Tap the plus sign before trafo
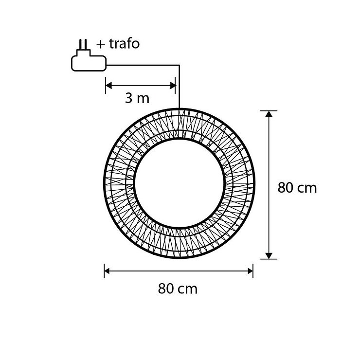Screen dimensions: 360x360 tap(100, 44)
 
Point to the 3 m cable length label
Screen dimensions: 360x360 tap(137, 98)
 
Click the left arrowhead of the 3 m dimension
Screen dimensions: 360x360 tap(108, 86)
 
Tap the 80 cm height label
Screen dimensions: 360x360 tap(297, 188)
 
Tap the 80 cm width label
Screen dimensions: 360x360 tap(178, 288)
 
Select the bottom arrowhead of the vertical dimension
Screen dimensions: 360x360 tap(269, 255)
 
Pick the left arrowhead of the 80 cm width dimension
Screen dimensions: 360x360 tap(108, 271)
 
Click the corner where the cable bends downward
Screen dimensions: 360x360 tap(180, 65)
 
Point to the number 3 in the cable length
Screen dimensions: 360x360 tap(128, 98)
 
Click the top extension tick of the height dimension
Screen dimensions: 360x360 tap(269, 111)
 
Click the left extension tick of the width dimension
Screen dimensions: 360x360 tap(105, 271)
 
